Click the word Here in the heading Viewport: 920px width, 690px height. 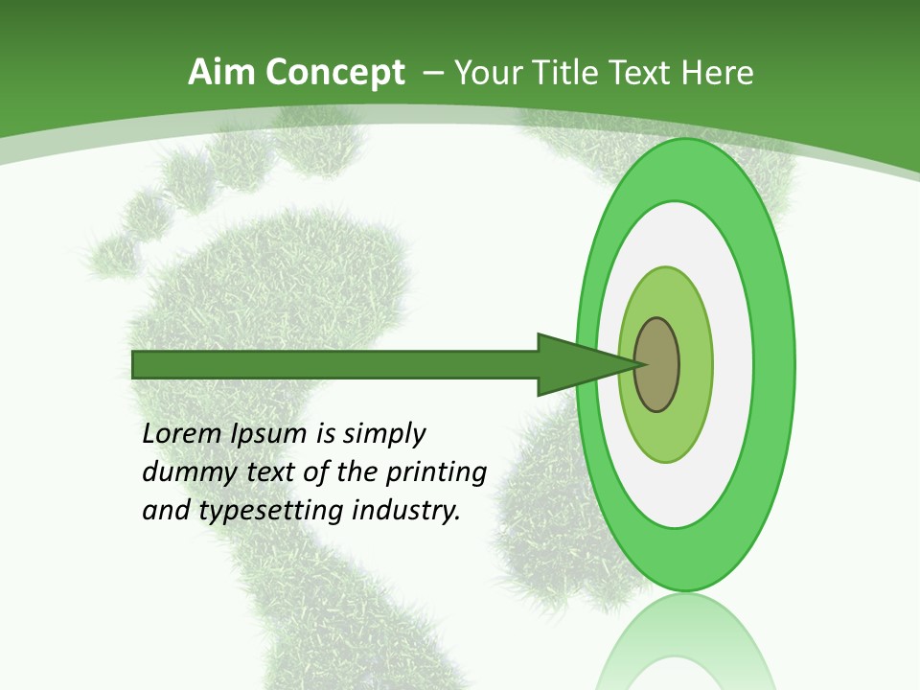[718, 73]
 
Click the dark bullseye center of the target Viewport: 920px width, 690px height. [657, 364]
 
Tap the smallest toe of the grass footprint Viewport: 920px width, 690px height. [113, 255]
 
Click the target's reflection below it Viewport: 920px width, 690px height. [685, 647]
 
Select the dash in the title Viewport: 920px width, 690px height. [432, 74]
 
